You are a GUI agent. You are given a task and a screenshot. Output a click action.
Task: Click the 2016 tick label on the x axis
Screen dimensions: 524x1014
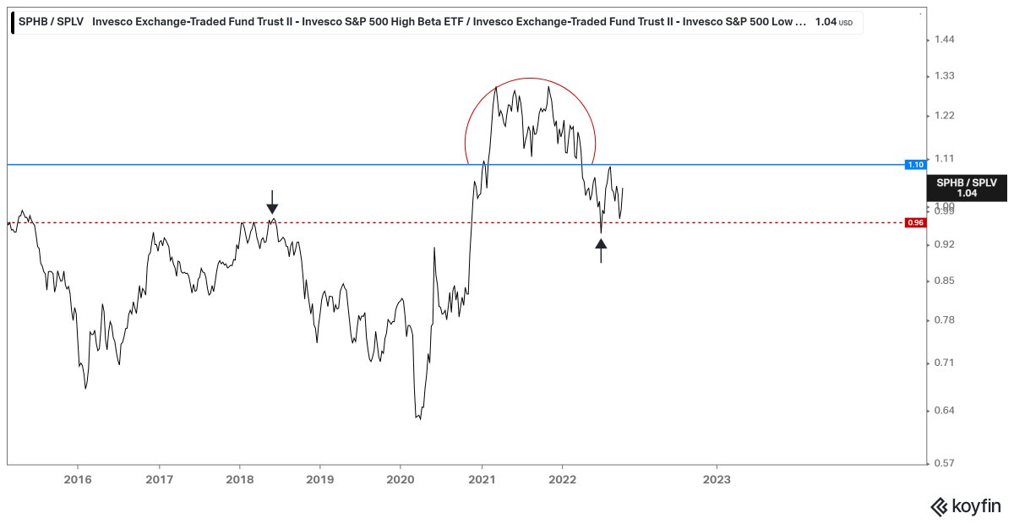(x=78, y=478)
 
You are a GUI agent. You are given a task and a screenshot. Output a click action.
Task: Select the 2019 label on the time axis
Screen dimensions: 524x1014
(x=320, y=478)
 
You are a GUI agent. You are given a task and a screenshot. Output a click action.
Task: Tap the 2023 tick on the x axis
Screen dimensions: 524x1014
(x=717, y=478)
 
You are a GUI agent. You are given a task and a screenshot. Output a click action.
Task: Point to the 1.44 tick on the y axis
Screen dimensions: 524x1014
(x=943, y=40)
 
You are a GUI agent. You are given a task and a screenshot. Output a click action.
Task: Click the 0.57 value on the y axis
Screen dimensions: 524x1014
(x=943, y=463)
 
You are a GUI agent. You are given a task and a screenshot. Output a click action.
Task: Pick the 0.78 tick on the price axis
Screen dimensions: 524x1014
(x=943, y=319)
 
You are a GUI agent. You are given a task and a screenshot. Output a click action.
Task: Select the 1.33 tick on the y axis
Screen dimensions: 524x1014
(x=943, y=76)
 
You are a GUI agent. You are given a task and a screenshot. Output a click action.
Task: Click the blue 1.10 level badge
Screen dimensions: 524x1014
(x=915, y=164)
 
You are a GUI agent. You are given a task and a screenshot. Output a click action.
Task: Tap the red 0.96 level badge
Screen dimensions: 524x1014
(x=915, y=223)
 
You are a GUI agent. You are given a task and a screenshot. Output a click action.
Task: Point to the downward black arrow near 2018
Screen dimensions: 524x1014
(x=271, y=202)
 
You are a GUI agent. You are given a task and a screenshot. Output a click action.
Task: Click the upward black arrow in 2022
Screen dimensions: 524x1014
(x=601, y=250)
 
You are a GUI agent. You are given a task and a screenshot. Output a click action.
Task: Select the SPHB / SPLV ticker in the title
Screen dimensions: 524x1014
(x=52, y=23)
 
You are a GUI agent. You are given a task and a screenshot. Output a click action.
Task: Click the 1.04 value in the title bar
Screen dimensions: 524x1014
(x=825, y=23)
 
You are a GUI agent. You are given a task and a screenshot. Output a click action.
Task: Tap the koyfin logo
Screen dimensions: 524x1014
(x=965, y=506)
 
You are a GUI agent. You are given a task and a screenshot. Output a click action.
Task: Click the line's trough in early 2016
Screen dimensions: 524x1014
(x=86, y=388)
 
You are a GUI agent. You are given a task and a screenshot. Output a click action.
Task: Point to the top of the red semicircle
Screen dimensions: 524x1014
(x=531, y=79)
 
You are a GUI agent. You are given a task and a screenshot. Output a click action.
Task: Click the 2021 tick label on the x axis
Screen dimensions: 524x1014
(x=482, y=478)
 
